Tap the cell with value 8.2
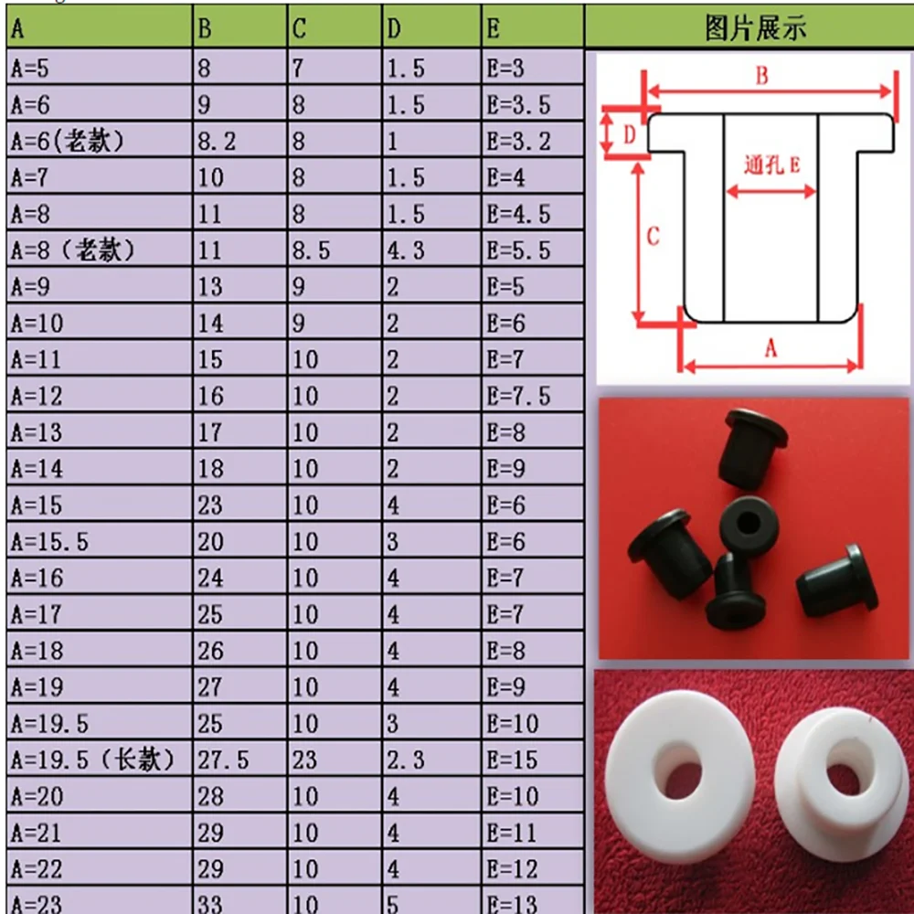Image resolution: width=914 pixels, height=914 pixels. pos(217,142)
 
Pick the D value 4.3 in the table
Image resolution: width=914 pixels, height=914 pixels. pos(405,250)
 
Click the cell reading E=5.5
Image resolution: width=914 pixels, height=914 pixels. pos(518,250)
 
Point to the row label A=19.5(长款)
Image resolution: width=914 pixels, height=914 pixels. pos(91,760)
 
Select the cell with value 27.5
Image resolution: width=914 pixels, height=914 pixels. pos(223,760)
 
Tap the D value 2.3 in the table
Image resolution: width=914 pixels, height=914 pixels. pos(405,760)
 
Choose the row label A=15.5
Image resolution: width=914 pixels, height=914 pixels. pos(49,542)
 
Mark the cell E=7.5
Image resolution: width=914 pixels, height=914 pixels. pos(518,396)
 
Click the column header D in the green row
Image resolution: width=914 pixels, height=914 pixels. pos(394,29)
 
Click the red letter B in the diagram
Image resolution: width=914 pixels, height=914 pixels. pos(761,77)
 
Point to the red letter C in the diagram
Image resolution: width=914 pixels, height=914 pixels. pos(653,237)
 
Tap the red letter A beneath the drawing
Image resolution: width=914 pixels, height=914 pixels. pos(770,348)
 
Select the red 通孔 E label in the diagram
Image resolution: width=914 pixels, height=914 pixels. pos(771,165)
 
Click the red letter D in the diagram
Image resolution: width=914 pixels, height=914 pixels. pos(629,134)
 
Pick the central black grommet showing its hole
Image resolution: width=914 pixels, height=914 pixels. pos(747,522)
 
